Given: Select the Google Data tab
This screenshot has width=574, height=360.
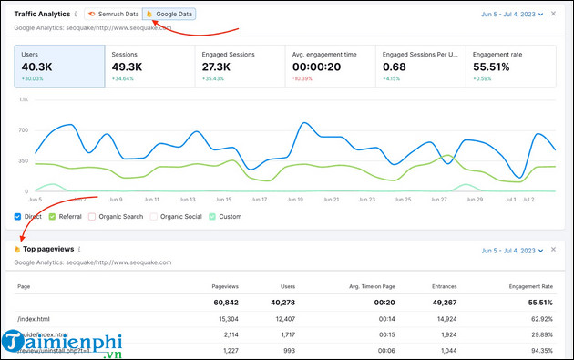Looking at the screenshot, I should (169, 15).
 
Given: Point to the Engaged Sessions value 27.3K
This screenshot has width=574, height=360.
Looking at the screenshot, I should (221, 67).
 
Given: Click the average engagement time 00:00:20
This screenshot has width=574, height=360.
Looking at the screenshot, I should (316, 67).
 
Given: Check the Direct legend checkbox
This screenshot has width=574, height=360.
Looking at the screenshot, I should (18, 217).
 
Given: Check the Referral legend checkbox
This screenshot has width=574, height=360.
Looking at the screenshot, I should (53, 217).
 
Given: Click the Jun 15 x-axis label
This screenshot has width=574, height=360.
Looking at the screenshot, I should (223, 199).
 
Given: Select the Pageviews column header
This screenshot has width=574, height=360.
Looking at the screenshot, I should (225, 285).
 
